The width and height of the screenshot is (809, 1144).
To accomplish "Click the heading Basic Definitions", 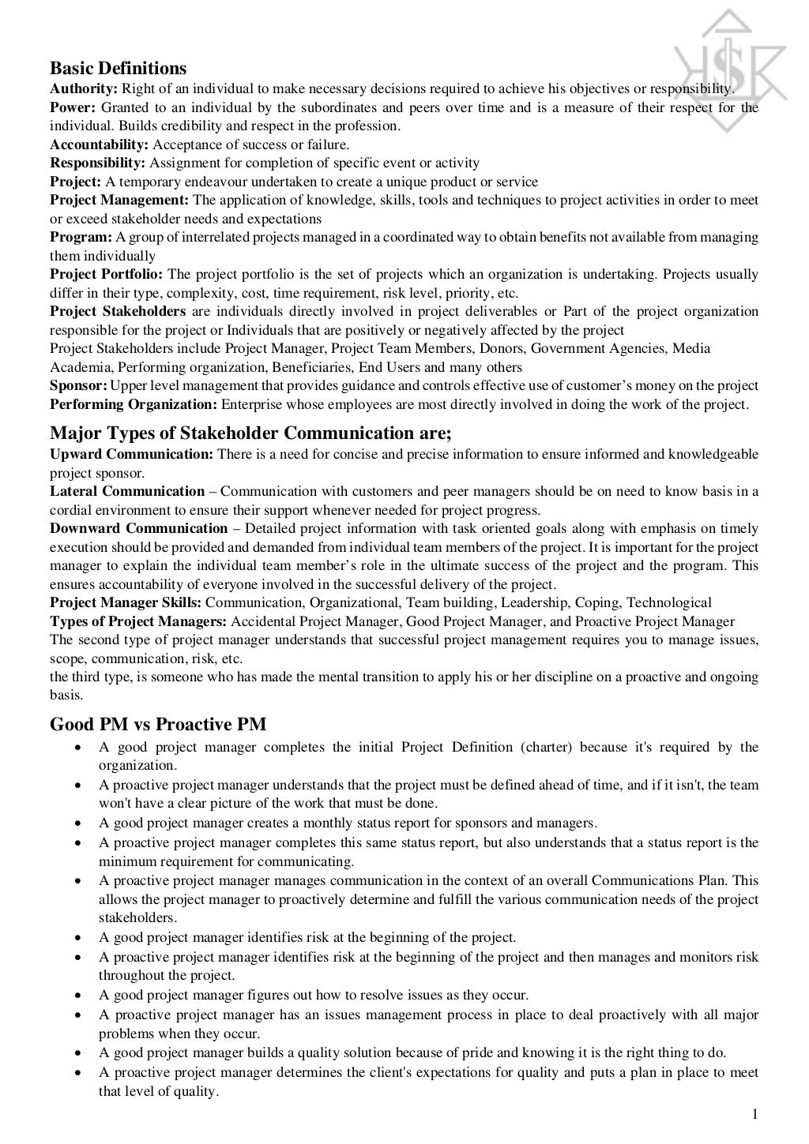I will (x=119, y=68).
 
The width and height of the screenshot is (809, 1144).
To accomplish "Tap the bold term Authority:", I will (x=84, y=88).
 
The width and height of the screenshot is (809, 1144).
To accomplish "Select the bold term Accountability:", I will (x=99, y=144).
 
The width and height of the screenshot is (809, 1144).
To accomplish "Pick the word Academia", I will (x=80, y=367).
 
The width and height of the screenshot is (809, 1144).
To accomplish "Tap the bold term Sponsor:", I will (x=78, y=386).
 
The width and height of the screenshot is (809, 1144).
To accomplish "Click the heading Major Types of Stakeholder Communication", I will (x=250, y=433).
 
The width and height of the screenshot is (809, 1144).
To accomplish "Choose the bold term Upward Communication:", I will (x=131, y=454).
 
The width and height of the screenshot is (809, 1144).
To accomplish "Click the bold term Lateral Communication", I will (x=127, y=491).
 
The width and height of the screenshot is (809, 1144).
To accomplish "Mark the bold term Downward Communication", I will (x=138, y=528).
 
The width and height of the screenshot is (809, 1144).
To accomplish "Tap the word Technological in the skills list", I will (x=668, y=602).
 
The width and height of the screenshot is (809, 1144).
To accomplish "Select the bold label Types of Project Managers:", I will (x=138, y=621).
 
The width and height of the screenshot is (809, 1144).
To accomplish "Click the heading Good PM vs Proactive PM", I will (x=158, y=724).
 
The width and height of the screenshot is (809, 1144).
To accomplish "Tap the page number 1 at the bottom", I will (x=754, y=1115).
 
